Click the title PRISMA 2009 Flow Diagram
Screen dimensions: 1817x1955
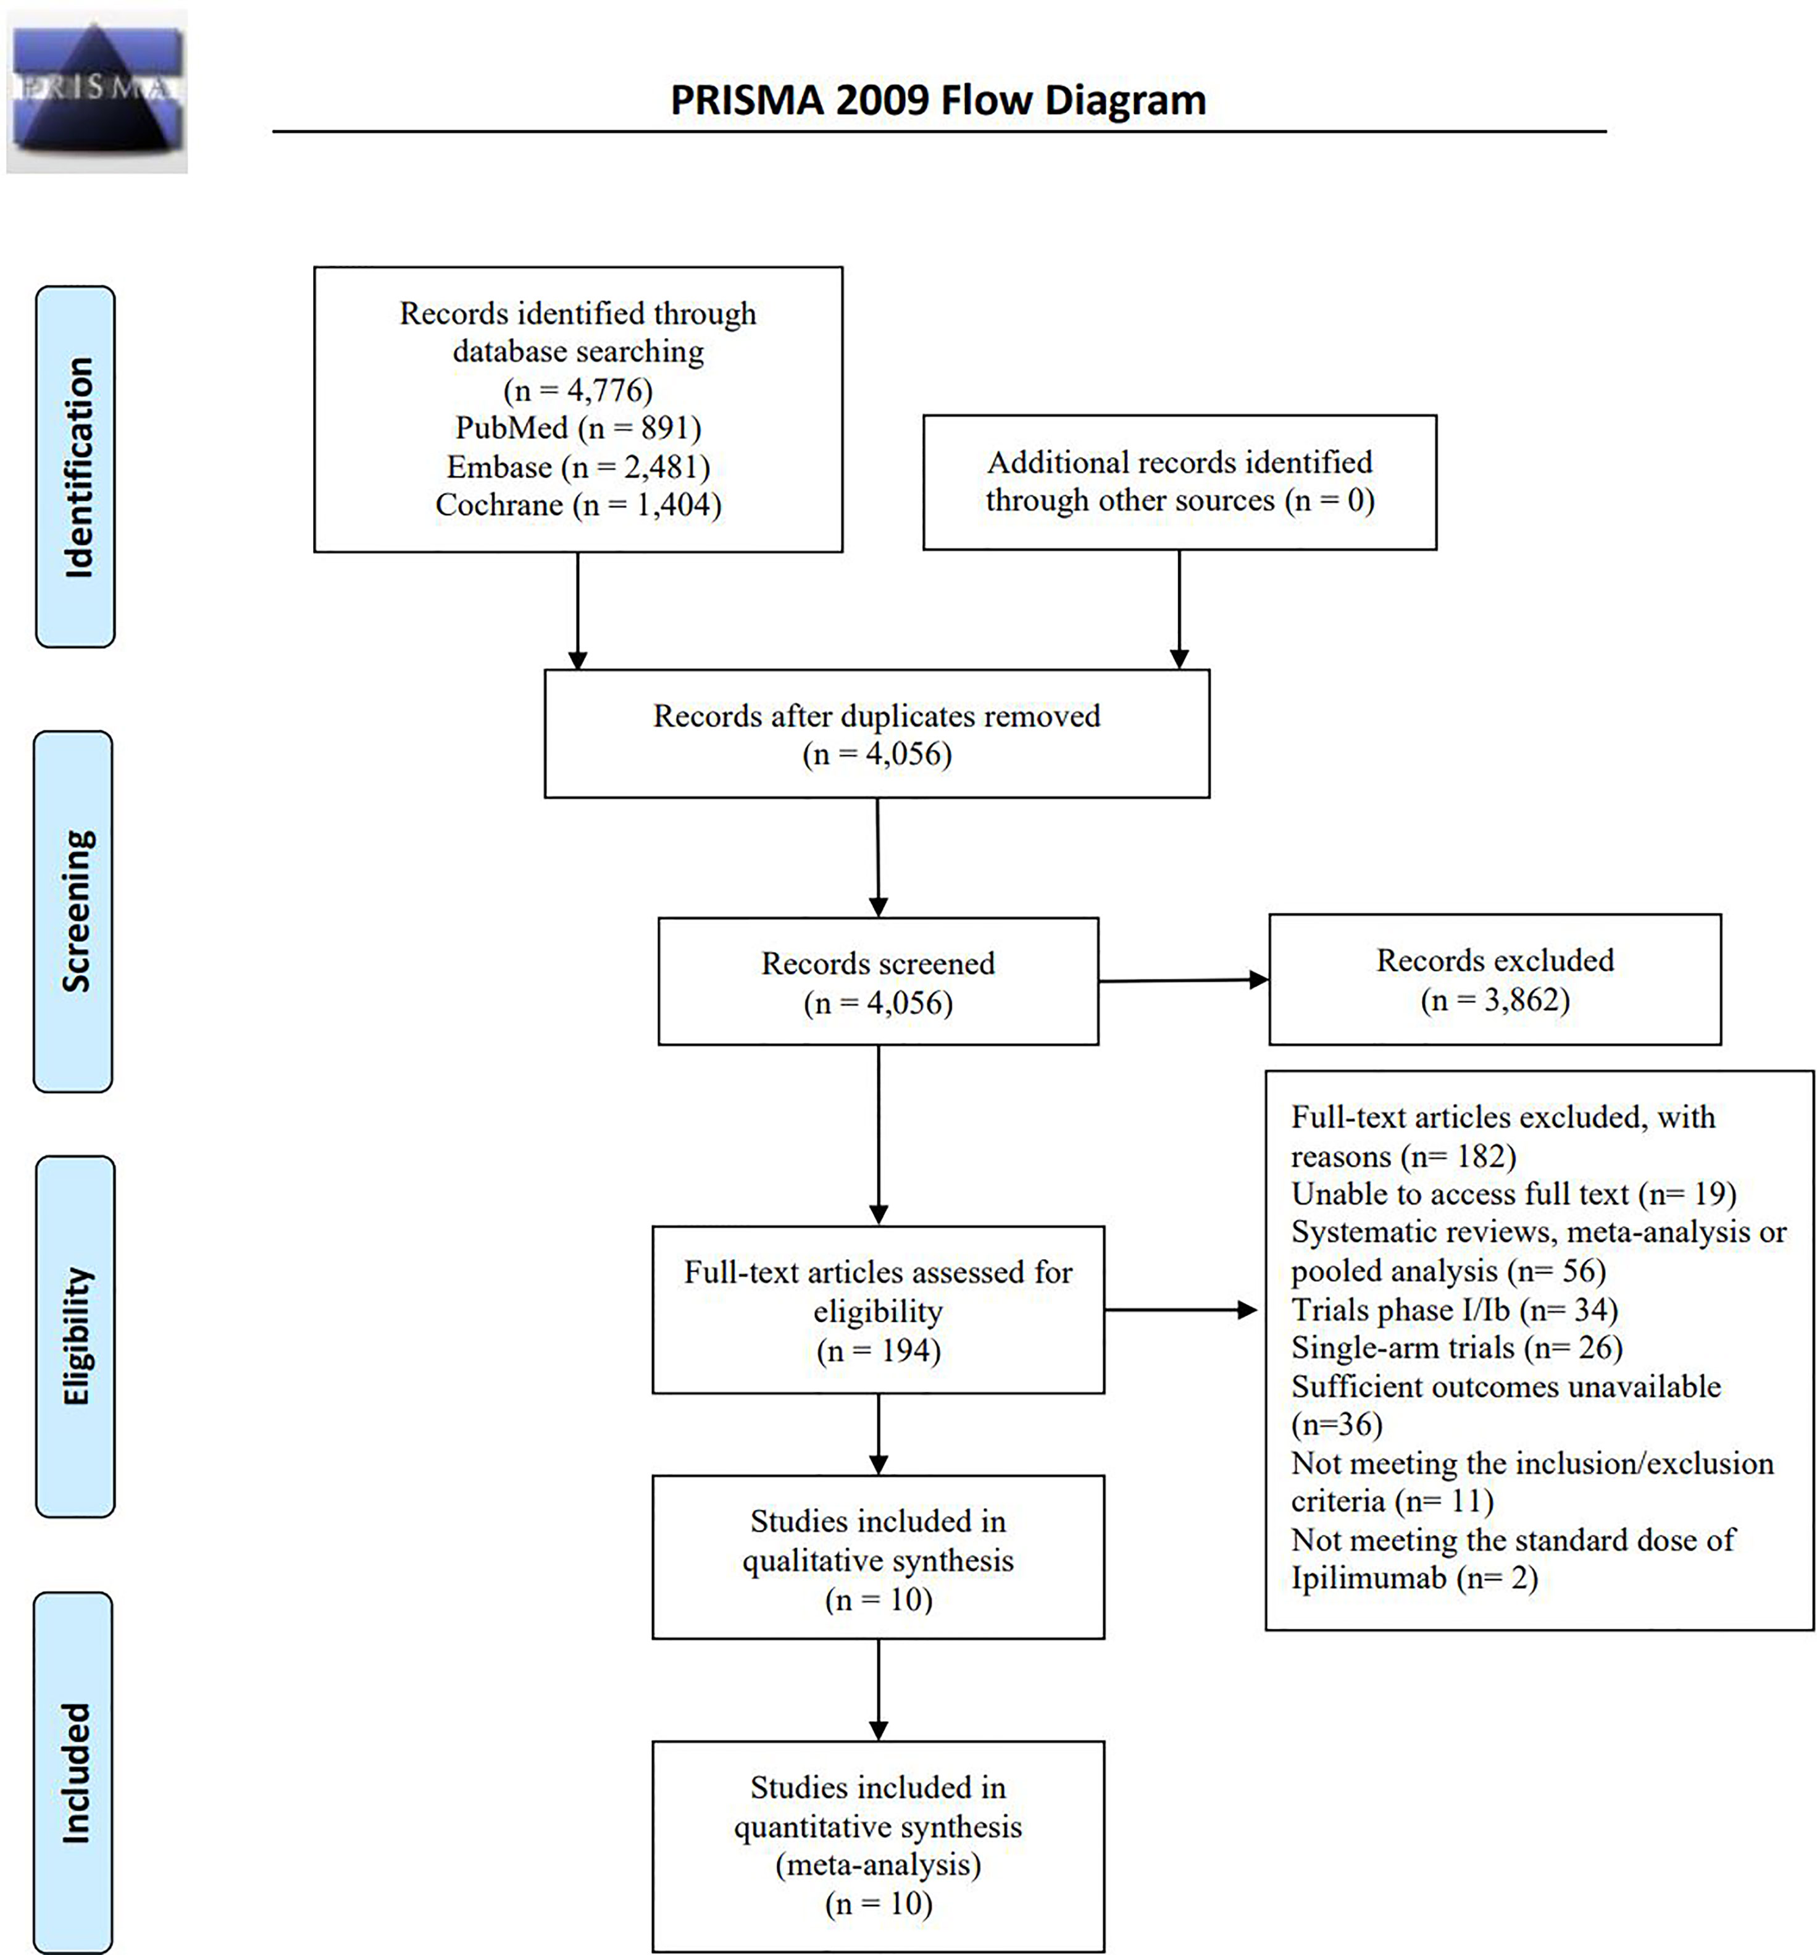click(x=938, y=100)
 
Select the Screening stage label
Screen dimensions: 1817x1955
click(x=73, y=911)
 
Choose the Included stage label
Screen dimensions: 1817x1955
click(x=73, y=1773)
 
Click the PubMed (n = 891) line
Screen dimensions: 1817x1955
click(x=578, y=428)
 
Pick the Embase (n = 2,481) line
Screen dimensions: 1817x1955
click(x=578, y=466)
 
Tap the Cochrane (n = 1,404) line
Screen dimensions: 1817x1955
click(x=578, y=504)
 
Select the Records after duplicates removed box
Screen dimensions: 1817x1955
click(x=877, y=734)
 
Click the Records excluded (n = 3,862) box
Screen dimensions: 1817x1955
click(x=1495, y=979)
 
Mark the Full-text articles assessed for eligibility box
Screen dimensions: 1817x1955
click(x=878, y=1310)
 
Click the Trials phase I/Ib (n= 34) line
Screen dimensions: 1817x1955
click(x=1454, y=1310)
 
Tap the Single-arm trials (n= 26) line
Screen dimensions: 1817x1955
click(x=1457, y=1347)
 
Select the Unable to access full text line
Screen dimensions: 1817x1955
click(x=1514, y=1194)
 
